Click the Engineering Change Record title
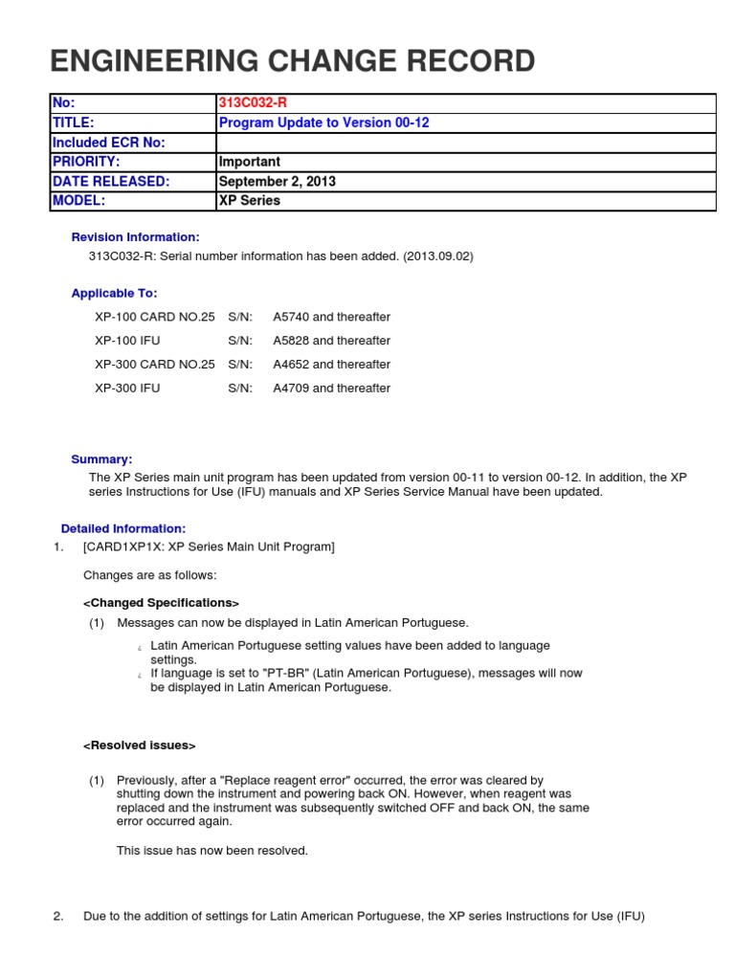click(292, 60)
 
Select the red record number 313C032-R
click(253, 103)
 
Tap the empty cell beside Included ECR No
click(465, 143)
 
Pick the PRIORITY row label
click(86, 162)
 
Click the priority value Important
click(250, 162)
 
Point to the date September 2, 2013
click(278, 182)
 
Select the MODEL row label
click(78, 201)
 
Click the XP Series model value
click(250, 201)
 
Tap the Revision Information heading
click(136, 237)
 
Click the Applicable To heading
click(115, 294)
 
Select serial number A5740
click(292, 317)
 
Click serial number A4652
click(292, 365)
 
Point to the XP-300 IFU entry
click(128, 389)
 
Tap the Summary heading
click(102, 459)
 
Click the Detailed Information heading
click(123, 528)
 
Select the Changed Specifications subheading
click(161, 603)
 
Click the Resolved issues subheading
click(140, 746)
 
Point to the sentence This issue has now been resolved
click(212, 851)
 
